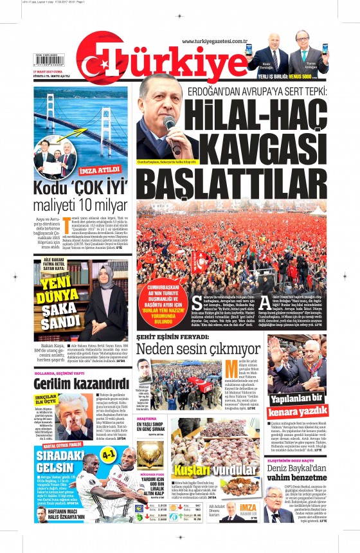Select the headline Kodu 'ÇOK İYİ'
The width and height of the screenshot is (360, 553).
coord(81,190)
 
